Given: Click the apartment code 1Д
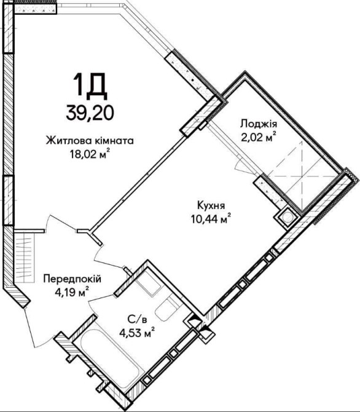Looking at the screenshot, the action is click(x=90, y=87).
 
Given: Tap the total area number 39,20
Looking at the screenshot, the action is click(x=90, y=113).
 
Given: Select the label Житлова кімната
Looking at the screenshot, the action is click(x=90, y=141).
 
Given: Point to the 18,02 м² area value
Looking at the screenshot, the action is click(x=90, y=154).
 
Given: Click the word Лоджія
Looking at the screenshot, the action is click(x=259, y=124).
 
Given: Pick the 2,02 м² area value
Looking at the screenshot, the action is click(x=259, y=137).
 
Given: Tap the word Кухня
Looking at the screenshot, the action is click(x=211, y=205).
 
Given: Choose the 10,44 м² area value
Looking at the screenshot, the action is click(x=211, y=219).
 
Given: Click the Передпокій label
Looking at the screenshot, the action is click(x=72, y=279).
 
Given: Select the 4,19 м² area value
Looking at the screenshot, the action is click(x=72, y=292).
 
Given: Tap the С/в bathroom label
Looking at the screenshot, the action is click(x=136, y=320).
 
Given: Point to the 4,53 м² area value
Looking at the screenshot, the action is click(x=136, y=333).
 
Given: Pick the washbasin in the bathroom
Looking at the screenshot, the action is click(x=148, y=283).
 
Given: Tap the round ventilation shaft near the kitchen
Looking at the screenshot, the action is click(x=288, y=218).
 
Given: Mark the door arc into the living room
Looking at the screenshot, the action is click(x=61, y=218).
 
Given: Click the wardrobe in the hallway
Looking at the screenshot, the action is click(x=25, y=257).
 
